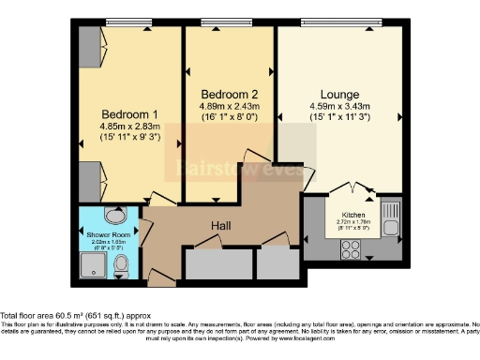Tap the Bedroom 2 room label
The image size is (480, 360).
(x=229, y=94)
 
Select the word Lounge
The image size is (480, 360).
(x=339, y=94)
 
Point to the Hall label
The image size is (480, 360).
(x=221, y=226)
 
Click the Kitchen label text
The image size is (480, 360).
(x=352, y=215)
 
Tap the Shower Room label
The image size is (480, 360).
(x=107, y=235)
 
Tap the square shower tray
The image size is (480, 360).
(x=91, y=269)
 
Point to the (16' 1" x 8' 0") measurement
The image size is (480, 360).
(x=229, y=120)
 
